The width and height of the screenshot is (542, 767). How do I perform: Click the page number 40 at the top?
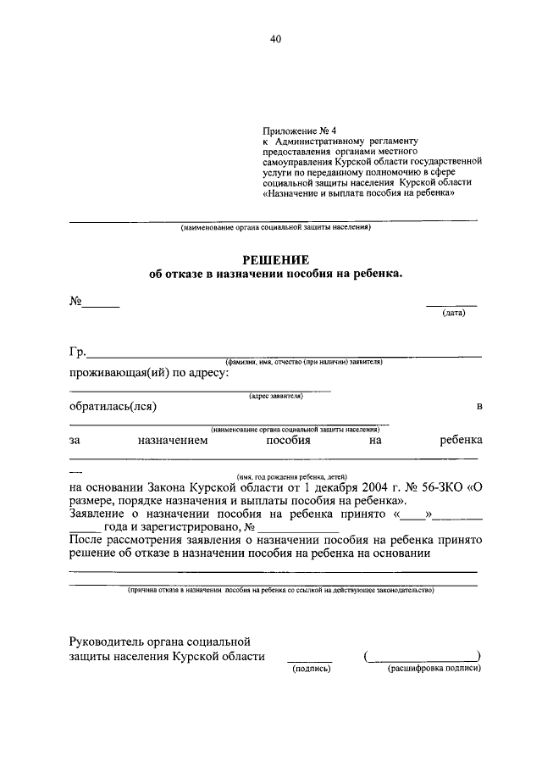[275, 38]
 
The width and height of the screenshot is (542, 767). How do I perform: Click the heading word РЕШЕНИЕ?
[275, 259]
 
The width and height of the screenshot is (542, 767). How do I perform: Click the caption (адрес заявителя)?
[276, 395]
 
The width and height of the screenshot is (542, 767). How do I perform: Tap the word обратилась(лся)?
[113, 407]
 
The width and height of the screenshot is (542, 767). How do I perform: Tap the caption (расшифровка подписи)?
[434, 668]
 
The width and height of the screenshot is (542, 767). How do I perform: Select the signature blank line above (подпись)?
[310, 659]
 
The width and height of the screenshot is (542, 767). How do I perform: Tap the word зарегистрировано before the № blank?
[189, 526]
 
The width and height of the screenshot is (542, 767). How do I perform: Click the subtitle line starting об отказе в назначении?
[275, 275]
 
